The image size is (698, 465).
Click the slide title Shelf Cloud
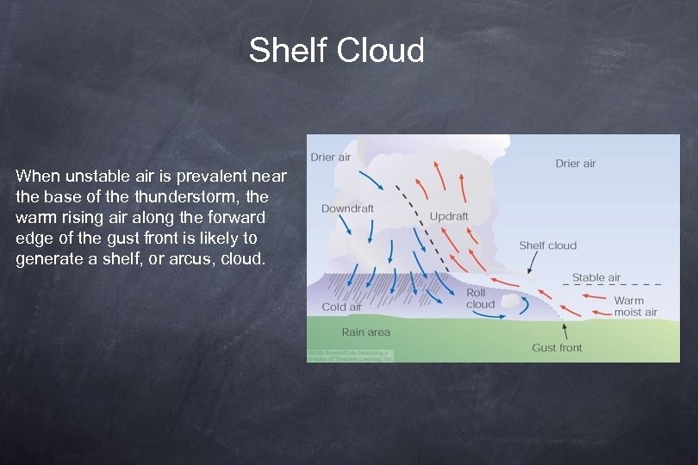point(336,51)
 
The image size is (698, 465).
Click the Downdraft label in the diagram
point(347,208)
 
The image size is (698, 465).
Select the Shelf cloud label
point(547,245)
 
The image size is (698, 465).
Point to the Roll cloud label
point(480,298)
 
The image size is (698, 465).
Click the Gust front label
point(557,348)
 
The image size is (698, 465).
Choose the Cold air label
point(341,307)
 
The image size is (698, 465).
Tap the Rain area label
point(365,332)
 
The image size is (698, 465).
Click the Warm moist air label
point(635,307)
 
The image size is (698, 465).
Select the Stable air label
point(596,277)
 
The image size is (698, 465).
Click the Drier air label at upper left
point(331,158)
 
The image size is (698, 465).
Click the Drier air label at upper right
point(576,163)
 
